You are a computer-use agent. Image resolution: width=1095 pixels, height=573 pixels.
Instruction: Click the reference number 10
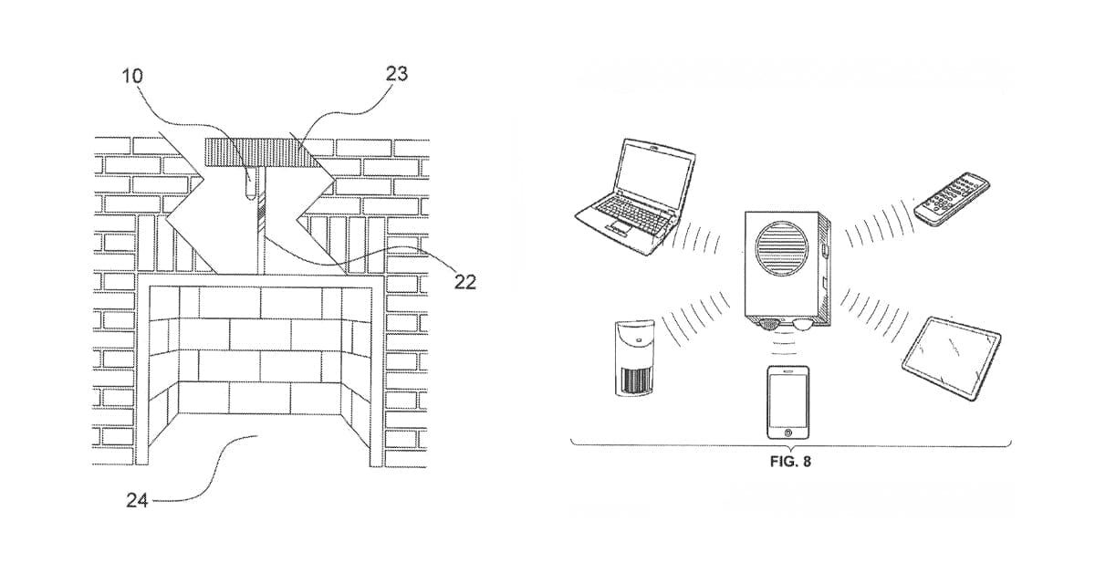tap(133, 76)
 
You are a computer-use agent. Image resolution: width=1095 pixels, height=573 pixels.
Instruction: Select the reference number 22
tap(464, 282)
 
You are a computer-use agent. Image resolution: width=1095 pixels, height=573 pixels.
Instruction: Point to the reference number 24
tap(134, 499)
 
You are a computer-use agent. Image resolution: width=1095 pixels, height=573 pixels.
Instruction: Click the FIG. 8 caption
tap(790, 462)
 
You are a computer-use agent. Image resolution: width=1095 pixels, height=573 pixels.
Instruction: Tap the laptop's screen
tap(651, 177)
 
